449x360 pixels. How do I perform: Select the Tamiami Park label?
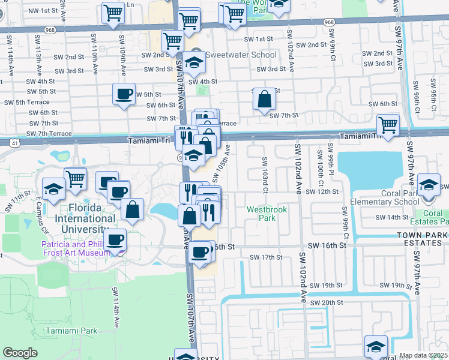pyautogui.click(x=71, y=331)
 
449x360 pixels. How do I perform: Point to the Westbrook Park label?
pyautogui.click(x=267, y=214)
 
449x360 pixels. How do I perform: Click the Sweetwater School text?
pyautogui.click(x=241, y=55)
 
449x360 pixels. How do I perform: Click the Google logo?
pyautogui.click(x=20, y=353)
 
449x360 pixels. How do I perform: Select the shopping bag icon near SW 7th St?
pyautogui.click(x=264, y=100)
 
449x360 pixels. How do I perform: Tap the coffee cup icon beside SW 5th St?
pyautogui.click(x=124, y=94)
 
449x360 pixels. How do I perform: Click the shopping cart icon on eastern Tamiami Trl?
pyautogui.click(x=388, y=125)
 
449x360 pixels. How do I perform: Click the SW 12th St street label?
pyautogui.click(x=322, y=191)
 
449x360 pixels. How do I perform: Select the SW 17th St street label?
pyautogui.click(x=265, y=257)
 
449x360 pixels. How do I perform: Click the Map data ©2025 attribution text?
pyautogui.click(x=424, y=355)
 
